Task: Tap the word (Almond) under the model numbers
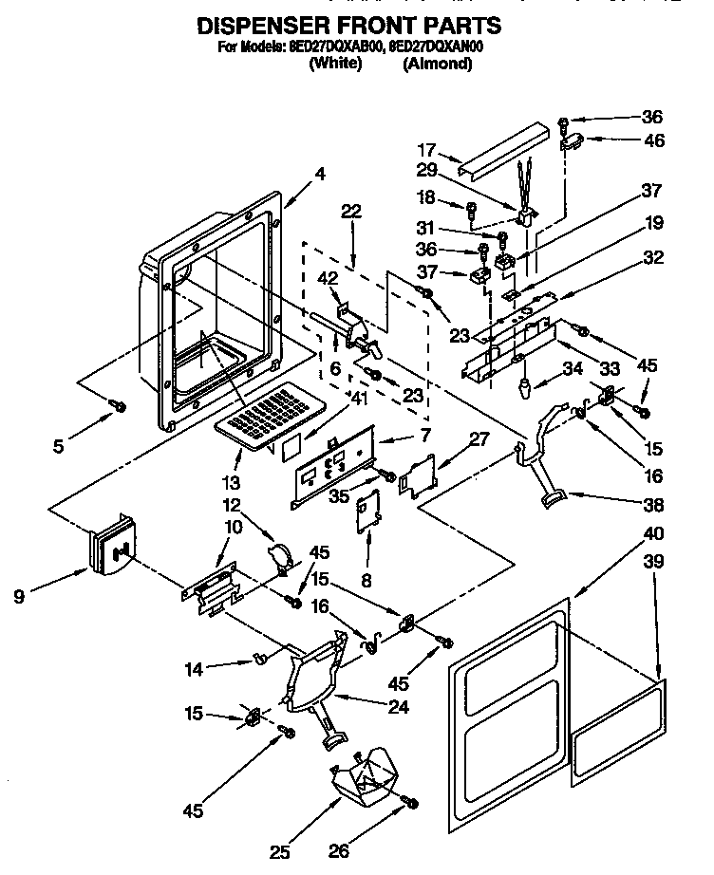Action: (437, 65)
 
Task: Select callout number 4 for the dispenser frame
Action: (320, 174)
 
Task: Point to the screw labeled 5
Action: (120, 406)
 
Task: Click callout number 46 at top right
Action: (653, 140)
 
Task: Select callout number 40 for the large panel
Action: (653, 532)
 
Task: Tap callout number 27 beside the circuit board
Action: (480, 439)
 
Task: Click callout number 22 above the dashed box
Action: (352, 213)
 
